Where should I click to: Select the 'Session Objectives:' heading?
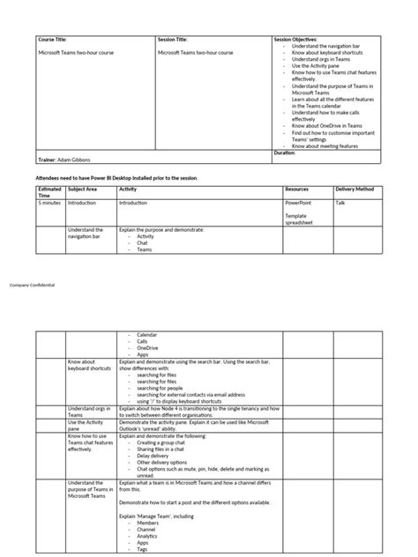coord(296,40)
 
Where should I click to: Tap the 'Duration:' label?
coord(285,152)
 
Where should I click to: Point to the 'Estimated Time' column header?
coord(49,191)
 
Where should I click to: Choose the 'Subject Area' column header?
coord(82,189)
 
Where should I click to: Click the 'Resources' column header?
coord(297,189)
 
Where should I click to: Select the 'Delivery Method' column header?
coord(355,189)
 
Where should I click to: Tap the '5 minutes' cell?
coord(50,203)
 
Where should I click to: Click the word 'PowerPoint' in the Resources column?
coord(300,203)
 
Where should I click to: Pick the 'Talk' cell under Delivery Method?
coord(340,203)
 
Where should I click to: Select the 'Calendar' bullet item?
coord(146,335)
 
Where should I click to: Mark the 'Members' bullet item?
coord(147,521)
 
